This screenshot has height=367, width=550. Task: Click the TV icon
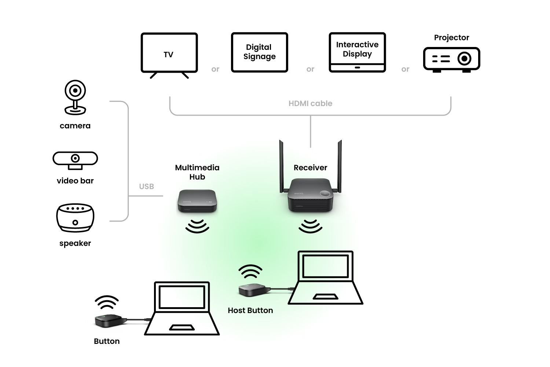pos(169,54)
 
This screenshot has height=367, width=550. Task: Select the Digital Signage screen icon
pos(259,52)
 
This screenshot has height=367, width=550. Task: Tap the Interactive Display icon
pos(357,52)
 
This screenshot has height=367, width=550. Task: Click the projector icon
pos(451,59)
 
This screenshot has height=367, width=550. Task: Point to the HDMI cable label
pos(310,103)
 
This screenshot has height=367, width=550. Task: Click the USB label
pos(146,186)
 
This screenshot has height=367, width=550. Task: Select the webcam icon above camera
pos(75,97)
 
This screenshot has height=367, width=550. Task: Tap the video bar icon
pos(75,160)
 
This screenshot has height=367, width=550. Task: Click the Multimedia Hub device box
pos(197,201)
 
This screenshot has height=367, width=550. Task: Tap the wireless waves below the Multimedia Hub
pos(197,226)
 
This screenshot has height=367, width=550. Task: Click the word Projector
pos(451,37)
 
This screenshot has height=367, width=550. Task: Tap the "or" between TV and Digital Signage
pos(215,69)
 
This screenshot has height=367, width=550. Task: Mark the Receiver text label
pos(310,168)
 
